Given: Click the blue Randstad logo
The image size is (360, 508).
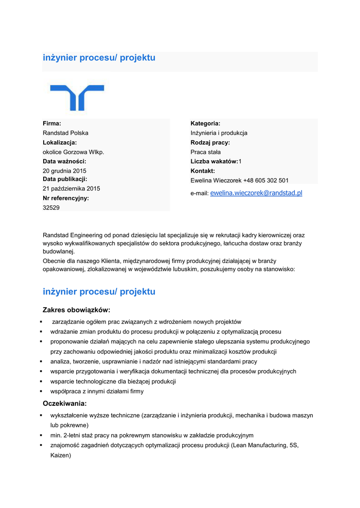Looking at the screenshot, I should (77, 97).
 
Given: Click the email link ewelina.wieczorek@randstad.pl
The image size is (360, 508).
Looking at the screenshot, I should (256, 193).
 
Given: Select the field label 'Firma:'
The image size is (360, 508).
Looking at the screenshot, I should (52, 123).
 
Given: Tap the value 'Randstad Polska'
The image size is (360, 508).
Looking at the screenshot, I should (66, 133).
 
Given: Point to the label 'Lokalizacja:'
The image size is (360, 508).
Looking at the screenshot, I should (60, 142).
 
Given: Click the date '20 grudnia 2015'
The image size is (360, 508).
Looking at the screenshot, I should (65, 171).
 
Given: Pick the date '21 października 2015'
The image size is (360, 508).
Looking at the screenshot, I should (72, 189).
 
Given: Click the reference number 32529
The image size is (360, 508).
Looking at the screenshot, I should (51, 208).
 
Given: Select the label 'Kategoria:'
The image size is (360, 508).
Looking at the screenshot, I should (206, 123).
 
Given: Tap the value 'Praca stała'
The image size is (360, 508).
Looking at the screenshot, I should (206, 152).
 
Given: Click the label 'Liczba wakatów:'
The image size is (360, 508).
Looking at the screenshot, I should (214, 162).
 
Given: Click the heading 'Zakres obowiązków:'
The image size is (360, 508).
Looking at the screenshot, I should (76, 310).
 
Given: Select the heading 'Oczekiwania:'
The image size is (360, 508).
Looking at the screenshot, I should (65, 403).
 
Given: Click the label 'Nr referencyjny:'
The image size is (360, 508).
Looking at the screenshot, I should (66, 198).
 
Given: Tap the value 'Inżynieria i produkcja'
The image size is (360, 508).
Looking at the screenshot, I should (219, 133).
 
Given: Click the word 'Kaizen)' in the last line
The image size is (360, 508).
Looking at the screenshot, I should (61, 455).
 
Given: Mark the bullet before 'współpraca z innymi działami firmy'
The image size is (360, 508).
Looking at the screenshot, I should (44, 391).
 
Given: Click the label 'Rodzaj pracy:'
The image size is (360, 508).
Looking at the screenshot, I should (210, 142).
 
